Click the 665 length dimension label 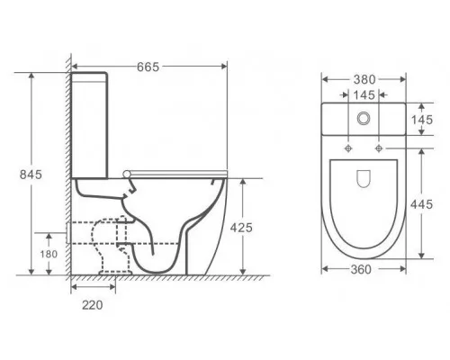(x=148, y=67)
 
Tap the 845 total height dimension (x=31, y=175)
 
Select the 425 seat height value (x=241, y=228)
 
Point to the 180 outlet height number (x=49, y=254)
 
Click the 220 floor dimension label (x=93, y=305)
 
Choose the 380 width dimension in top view (x=364, y=79)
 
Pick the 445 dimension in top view (x=421, y=204)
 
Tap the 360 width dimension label (x=361, y=269)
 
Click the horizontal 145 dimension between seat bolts (x=364, y=95)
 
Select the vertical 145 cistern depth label (x=422, y=120)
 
